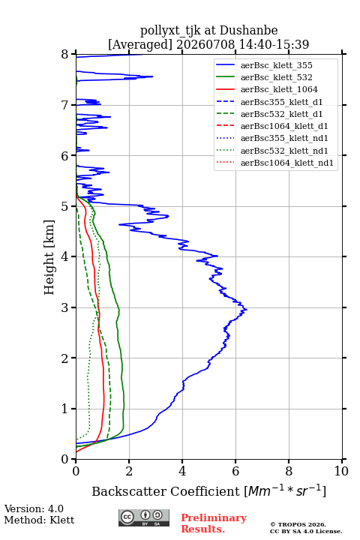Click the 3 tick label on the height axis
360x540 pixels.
[65, 307]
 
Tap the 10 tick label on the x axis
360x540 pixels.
[341, 471]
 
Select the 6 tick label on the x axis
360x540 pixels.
[235, 471]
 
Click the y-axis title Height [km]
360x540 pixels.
[49, 257]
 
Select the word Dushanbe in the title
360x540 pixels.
[248, 31]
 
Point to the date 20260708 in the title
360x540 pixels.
[205, 44]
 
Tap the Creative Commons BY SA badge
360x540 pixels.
[144, 518]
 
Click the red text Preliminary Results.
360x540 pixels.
[214, 523]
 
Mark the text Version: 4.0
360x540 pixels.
[34, 508]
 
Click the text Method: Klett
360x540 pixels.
[39, 520]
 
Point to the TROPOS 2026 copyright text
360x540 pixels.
[298, 524]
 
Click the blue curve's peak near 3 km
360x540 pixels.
[246, 310]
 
